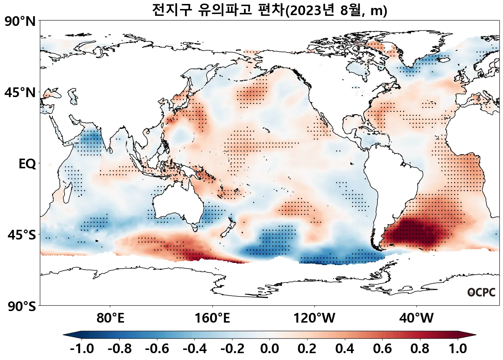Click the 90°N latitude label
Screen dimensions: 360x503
pos(20,21)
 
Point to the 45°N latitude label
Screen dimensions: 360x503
pos(20,92)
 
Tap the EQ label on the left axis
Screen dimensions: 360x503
pos(27,164)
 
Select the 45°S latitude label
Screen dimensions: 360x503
pos(22,235)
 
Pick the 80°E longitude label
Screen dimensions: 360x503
pos(110,318)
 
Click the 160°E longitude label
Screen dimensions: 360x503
pos(212,318)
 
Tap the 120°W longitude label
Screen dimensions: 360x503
pos(314,318)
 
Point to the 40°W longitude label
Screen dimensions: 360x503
pos(416,318)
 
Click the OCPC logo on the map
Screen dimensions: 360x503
pos(481,292)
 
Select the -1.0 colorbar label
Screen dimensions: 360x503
pos(82,348)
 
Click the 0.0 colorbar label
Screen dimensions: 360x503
pos(269,348)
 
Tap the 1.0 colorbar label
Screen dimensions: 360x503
pos(458,348)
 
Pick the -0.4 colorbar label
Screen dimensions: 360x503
pos(195,348)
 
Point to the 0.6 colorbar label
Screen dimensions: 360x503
pos(383,348)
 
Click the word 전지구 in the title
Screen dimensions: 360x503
pos(172,10)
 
